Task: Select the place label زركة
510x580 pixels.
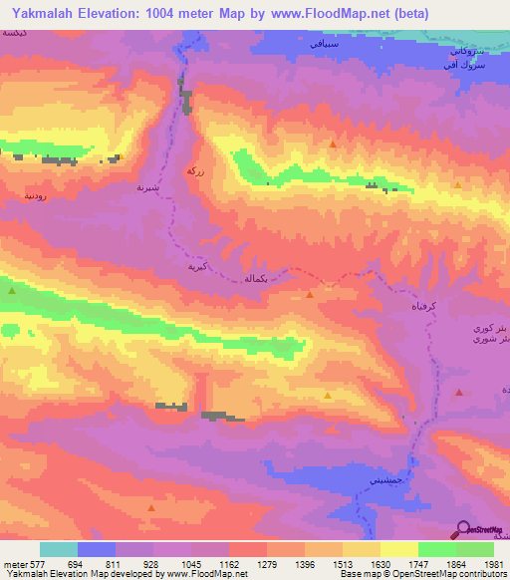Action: [x=196, y=170]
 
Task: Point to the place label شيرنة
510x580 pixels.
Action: [x=146, y=185]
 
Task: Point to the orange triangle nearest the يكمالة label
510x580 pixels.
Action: [x=311, y=294]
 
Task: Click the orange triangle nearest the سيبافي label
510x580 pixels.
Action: [x=333, y=145]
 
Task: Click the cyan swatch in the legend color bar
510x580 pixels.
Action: [x=59, y=549]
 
